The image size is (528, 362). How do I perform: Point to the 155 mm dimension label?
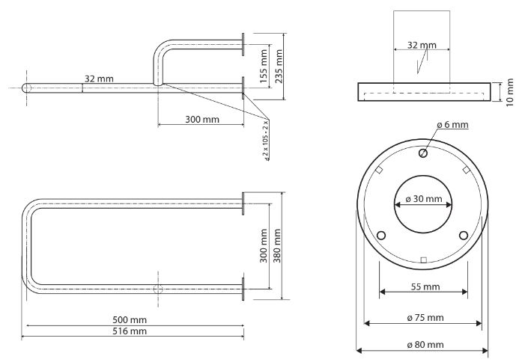pos(263,67)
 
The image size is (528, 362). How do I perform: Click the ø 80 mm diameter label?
pos(424,345)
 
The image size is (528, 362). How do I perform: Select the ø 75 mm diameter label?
pos(424,318)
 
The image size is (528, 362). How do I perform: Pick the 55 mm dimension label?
pos(424,286)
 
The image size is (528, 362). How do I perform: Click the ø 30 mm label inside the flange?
pos(423,200)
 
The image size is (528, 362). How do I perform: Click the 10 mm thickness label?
pos(510,92)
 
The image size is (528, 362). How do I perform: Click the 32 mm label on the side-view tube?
pos(99,78)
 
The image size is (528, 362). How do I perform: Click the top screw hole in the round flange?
pos(423,153)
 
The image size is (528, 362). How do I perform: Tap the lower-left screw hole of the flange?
pos(381,235)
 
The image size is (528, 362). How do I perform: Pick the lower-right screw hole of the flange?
pos(464,235)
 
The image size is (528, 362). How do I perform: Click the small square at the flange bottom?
pos(423,260)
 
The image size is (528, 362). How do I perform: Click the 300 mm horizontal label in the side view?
pos(202,120)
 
